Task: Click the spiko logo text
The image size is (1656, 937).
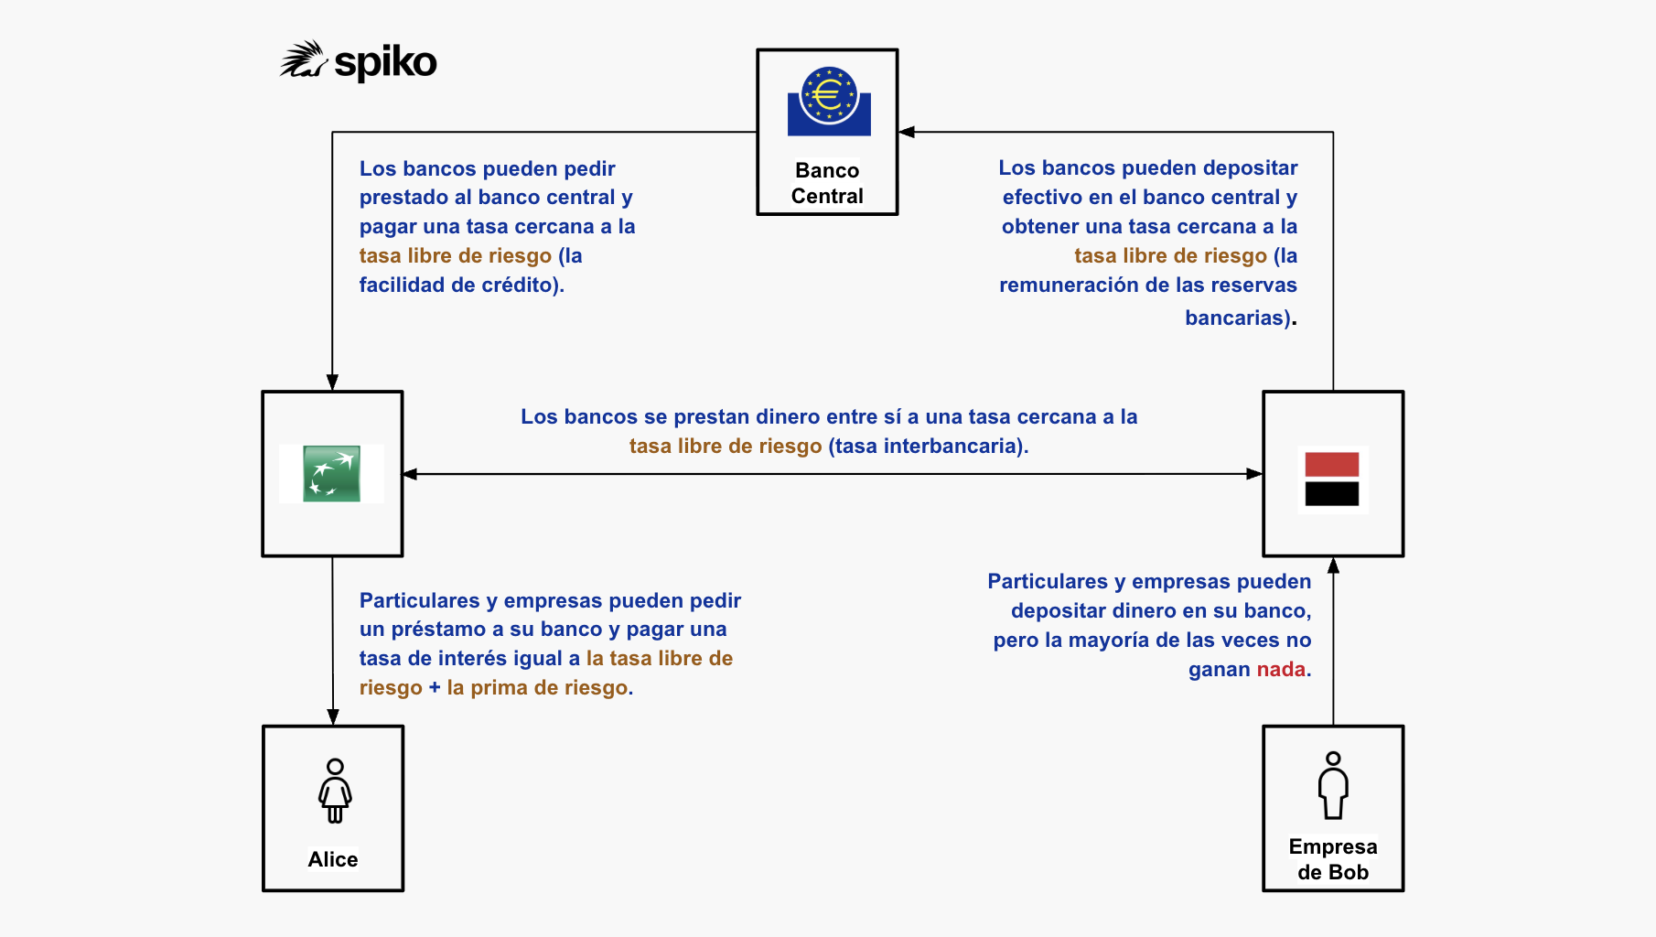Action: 385,62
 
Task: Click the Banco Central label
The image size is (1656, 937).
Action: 827,183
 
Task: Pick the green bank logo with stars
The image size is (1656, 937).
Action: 331,474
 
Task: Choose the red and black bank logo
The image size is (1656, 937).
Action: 1332,479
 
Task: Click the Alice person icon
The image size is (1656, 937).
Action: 335,791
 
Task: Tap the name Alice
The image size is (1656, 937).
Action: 333,859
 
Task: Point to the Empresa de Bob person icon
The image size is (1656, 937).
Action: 1333,785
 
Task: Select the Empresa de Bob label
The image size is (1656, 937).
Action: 1333,859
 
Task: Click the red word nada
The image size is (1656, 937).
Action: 1281,669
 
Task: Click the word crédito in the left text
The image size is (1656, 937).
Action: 521,285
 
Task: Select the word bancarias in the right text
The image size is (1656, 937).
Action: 1236,318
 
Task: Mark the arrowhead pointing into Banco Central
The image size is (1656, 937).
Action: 907,132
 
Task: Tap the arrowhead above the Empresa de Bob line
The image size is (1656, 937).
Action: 1333,566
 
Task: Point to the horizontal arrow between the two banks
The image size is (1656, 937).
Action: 833,474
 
